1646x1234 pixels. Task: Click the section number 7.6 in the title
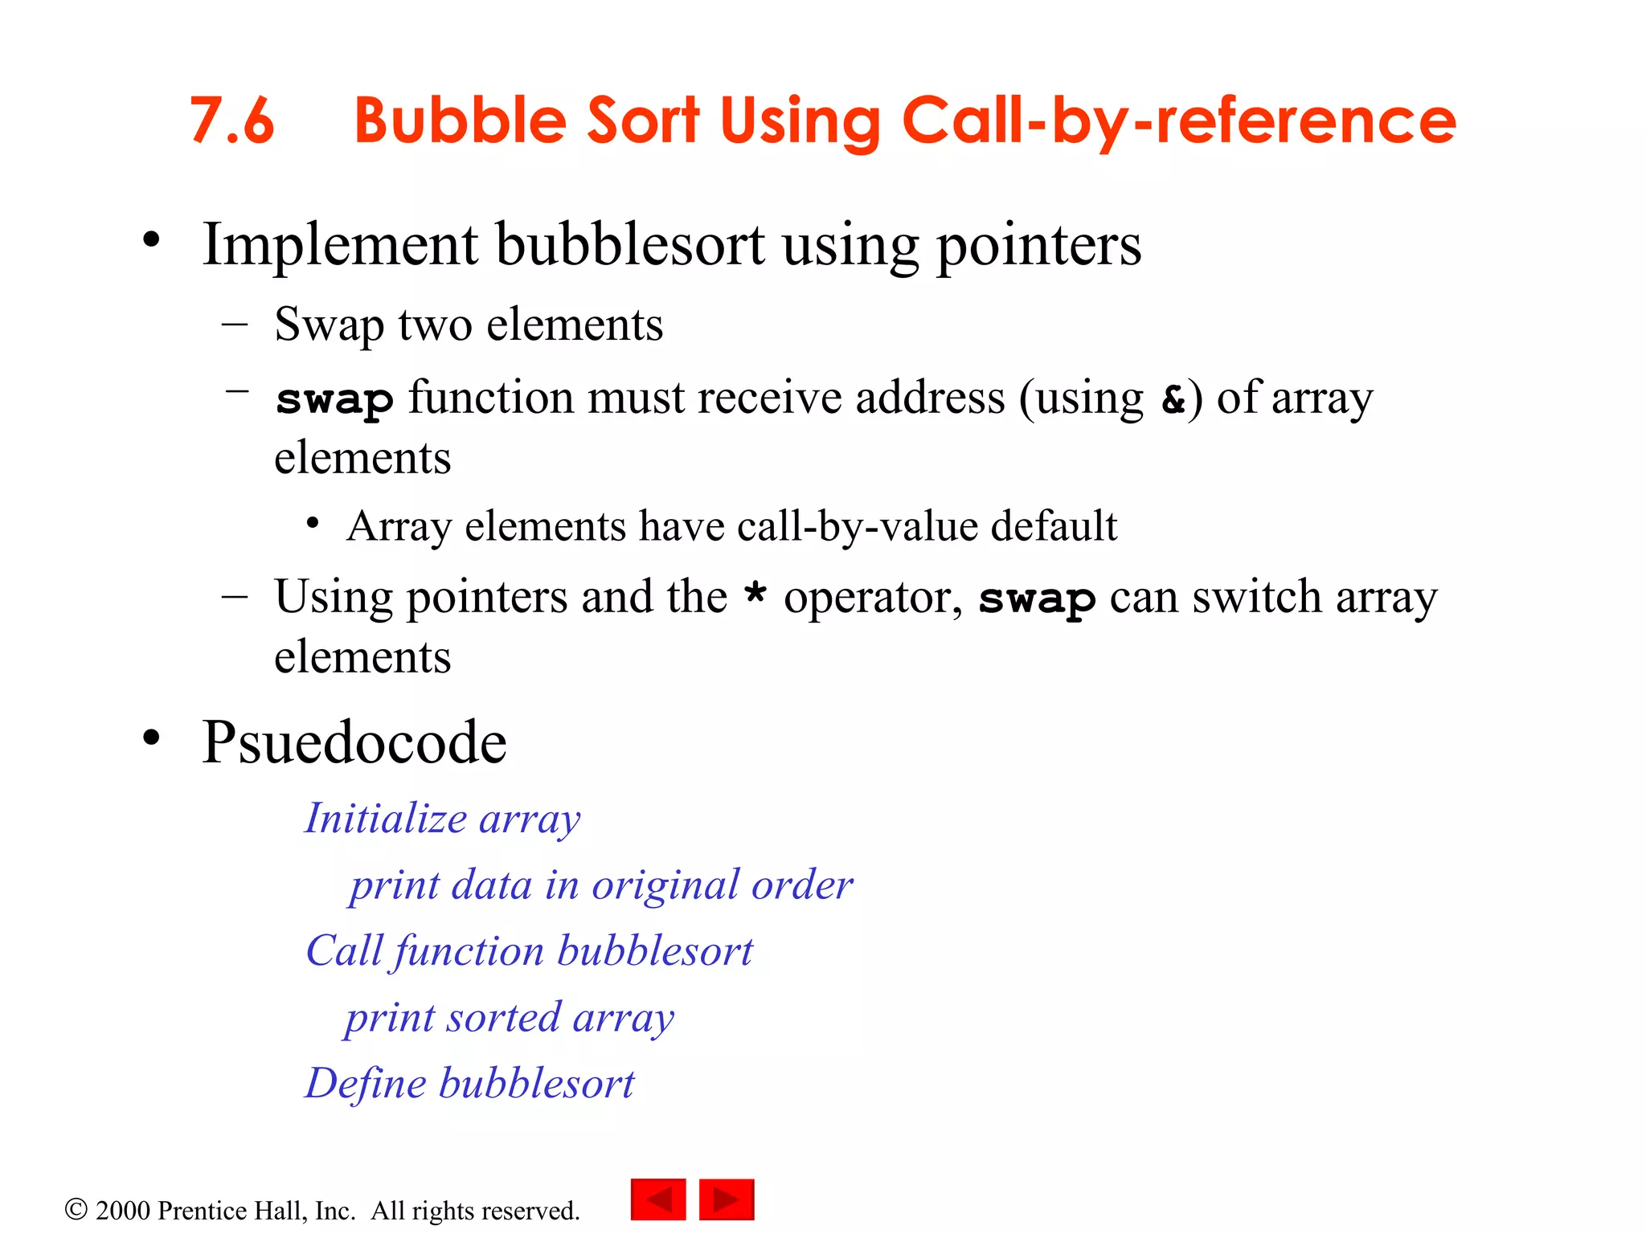(x=231, y=121)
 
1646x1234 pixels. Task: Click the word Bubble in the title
(x=460, y=121)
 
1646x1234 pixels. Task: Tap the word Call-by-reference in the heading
(x=1179, y=121)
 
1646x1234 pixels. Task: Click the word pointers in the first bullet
(x=1039, y=246)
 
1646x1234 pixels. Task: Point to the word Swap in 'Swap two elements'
(x=329, y=325)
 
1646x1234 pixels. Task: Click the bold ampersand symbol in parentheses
(x=1173, y=399)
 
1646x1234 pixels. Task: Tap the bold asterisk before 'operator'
(x=755, y=595)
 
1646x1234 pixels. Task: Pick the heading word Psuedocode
(x=354, y=742)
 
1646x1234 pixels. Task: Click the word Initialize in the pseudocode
(x=386, y=819)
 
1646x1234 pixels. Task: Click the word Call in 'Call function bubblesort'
(x=344, y=951)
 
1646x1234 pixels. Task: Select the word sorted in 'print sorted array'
(x=504, y=1018)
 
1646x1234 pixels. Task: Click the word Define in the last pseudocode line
(x=366, y=1083)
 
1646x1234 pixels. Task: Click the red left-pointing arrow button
(x=658, y=1199)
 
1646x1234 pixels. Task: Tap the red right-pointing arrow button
(x=727, y=1199)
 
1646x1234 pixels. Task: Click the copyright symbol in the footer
(x=76, y=1210)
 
